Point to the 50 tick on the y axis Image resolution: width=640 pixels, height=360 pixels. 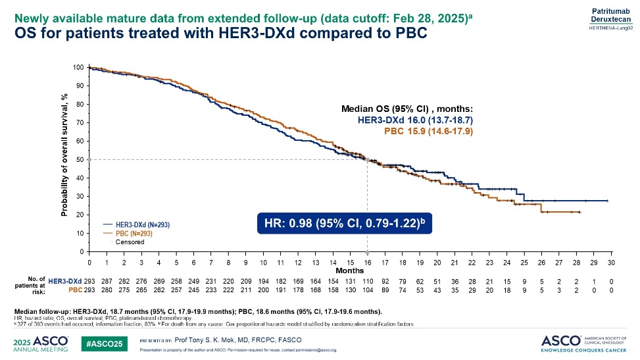[x=80, y=159]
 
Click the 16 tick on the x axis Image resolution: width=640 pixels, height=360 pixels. [x=367, y=263]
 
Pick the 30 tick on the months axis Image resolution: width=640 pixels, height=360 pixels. [x=611, y=263]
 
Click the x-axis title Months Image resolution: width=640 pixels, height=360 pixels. [x=351, y=270]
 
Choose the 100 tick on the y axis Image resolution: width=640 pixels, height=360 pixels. [x=79, y=67]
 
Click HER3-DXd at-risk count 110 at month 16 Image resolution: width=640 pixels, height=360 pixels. [x=367, y=282]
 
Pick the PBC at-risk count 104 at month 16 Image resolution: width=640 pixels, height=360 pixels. [x=367, y=290]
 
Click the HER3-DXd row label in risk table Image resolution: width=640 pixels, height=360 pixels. [x=64, y=282]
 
